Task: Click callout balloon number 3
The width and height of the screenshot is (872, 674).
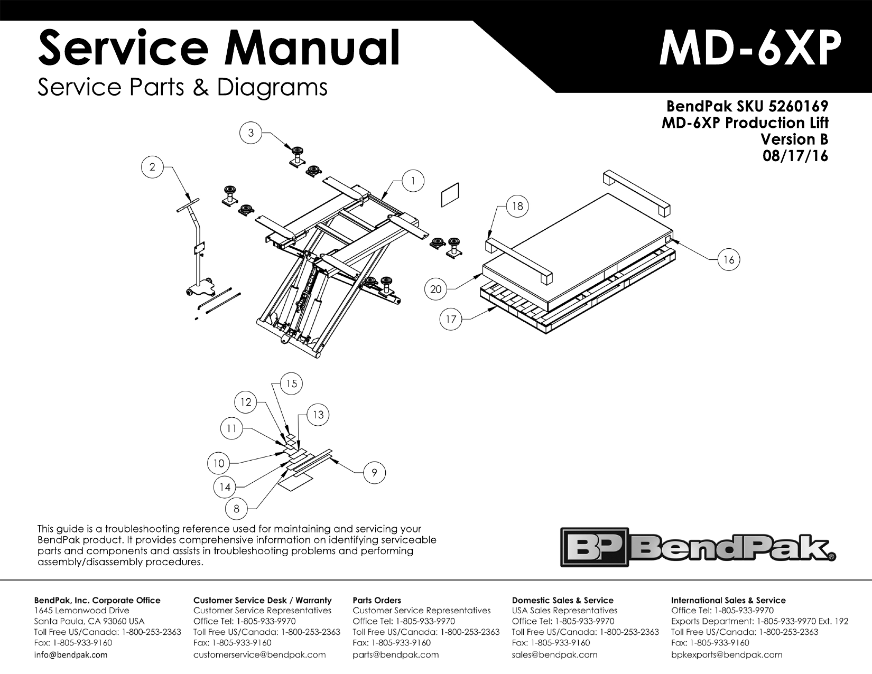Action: click(251, 133)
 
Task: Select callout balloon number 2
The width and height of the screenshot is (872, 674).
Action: click(152, 167)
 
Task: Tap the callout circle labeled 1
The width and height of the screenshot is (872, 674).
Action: click(413, 181)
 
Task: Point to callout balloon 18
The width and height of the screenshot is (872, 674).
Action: click(517, 206)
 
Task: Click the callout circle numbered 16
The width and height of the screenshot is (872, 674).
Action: click(729, 260)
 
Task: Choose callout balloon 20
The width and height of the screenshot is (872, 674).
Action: click(435, 289)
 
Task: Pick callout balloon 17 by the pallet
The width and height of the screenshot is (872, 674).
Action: click(451, 320)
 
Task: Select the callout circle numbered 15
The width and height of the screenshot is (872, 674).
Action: click(292, 384)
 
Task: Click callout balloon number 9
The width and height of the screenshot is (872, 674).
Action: click(374, 473)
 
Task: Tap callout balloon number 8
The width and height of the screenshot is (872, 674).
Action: click(236, 509)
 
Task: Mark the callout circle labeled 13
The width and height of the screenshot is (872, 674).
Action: click(318, 415)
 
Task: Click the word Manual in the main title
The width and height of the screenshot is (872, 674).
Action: click(312, 49)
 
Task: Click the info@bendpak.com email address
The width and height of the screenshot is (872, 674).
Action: click(70, 655)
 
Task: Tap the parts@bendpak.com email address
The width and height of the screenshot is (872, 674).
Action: click(395, 655)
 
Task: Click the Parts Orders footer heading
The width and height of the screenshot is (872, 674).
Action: click(376, 600)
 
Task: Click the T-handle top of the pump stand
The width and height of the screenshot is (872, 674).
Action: click(188, 205)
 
